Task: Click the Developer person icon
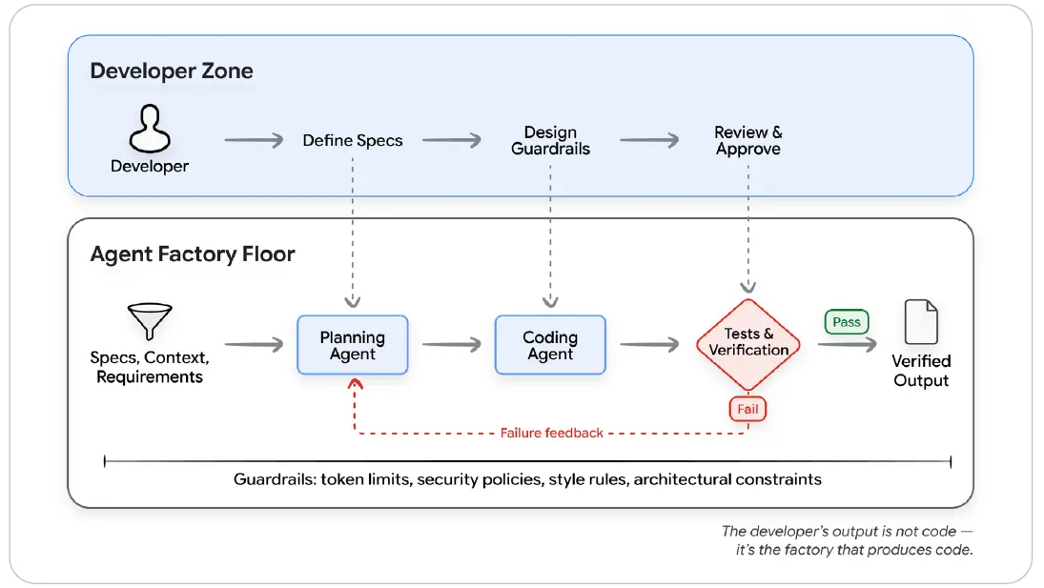(x=150, y=129)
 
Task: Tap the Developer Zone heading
(x=172, y=71)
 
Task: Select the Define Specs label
(x=353, y=140)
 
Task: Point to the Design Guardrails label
(x=551, y=140)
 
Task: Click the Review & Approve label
(x=748, y=140)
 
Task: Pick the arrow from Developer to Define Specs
(x=254, y=140)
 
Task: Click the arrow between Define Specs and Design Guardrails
(x=451, y=140)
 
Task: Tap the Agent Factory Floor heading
(x=193, y=254)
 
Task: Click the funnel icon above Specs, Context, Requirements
(x=150, y=321)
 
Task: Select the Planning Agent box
(x=353, y=345)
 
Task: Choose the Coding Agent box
(x=551, y=345)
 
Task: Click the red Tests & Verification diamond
(x=748, y=344)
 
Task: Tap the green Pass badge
(x=847, y=322)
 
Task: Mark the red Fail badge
(x=747, y=409)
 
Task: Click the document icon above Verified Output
(x=922, y=322)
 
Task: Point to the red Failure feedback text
(x=552, y=433)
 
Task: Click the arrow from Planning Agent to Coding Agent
(x=451, y=345)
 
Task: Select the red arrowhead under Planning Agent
(x=355, y=383)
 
